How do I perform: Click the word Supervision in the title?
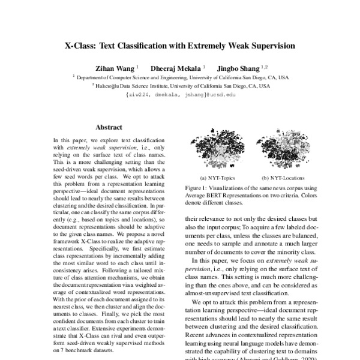(268, 45)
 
